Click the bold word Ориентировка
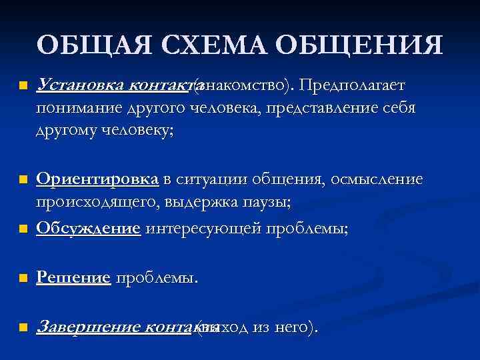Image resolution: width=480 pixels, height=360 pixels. (x=98, y=179)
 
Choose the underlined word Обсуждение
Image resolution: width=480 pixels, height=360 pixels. (x=89, y=229)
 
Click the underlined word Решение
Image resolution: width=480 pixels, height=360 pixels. (x=73, y=277)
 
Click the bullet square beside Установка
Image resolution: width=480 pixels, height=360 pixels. (x=22, y=87)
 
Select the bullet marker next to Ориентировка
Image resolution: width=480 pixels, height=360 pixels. (x=22, y=180)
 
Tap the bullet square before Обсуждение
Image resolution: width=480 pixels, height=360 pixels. (x=22, y=229)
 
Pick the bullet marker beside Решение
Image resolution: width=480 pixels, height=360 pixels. (x=22, y=278)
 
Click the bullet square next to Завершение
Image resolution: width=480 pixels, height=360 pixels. (x=22, y=327)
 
